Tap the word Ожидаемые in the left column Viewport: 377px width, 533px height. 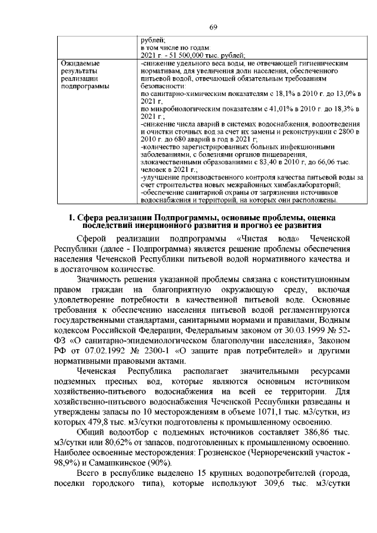click(x=80, y=62)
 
